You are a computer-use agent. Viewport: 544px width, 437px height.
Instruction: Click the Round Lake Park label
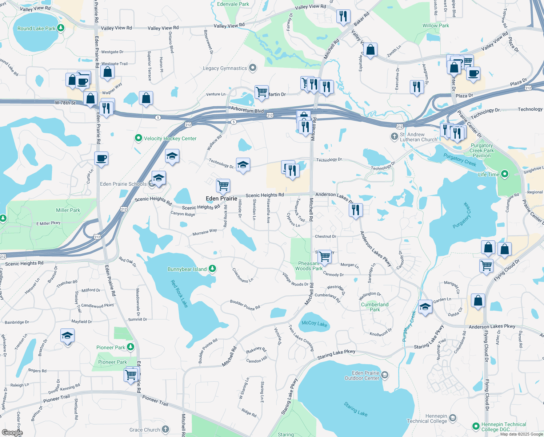(36, 28)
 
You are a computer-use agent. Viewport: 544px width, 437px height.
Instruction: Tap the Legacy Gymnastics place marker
(253, 68)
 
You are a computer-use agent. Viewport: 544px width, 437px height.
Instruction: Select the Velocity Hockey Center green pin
(138, 138)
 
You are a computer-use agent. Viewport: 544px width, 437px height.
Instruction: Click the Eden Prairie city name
(221, 198)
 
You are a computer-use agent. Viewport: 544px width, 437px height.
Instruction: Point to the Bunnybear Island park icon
(212, 269)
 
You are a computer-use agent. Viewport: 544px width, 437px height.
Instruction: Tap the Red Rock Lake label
(179, 294)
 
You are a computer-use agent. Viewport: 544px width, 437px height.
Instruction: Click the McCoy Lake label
(315, 323)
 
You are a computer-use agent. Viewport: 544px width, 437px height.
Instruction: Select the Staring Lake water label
(356, 409)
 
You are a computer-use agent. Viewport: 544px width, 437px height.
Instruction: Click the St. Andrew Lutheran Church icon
(394, 137)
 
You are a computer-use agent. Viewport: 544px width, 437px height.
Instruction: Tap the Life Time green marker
(504, 174)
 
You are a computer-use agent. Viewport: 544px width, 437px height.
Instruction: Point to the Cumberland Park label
(375, 307)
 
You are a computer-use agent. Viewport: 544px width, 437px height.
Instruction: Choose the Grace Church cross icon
(165, 429)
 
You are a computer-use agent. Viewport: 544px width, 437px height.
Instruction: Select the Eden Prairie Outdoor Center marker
(385, 375)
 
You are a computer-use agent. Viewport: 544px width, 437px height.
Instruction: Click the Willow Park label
(436, 25)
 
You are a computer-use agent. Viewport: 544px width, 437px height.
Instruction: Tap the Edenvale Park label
(233, 4)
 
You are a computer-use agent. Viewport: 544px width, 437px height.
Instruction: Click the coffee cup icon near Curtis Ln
(101, 158)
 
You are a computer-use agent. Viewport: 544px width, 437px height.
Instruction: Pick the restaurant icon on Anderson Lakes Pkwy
(356, 210)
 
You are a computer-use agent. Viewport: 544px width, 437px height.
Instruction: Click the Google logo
(12, 432)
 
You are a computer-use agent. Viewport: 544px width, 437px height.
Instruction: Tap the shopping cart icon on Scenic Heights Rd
(223, 185)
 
